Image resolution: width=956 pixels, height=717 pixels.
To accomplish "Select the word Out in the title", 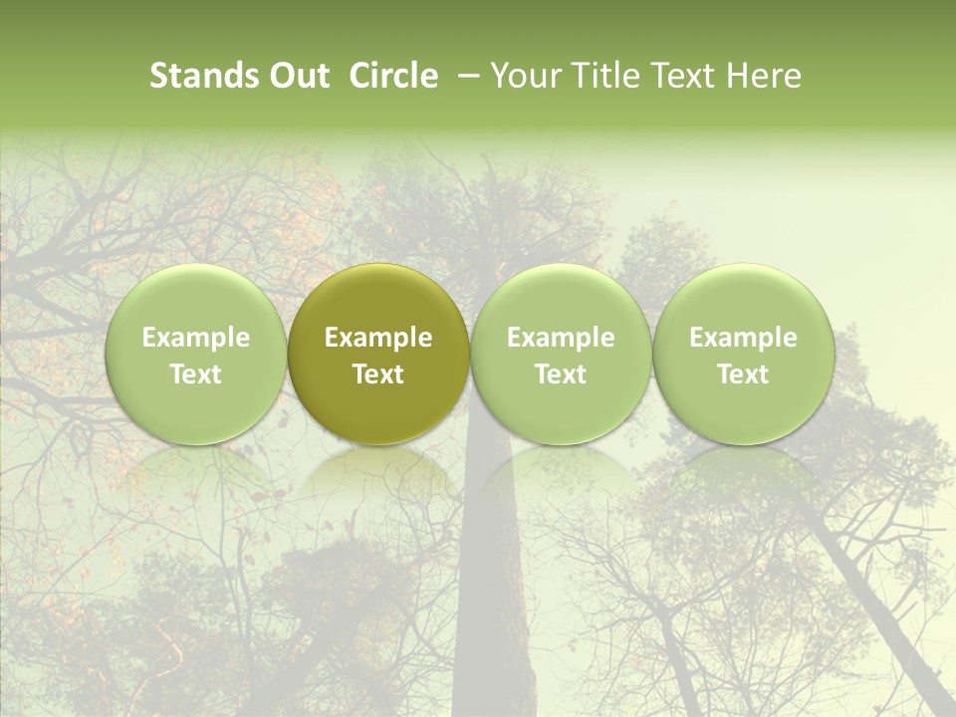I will (x=297, y=76).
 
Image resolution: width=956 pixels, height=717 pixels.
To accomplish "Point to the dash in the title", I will (x=465, y=76).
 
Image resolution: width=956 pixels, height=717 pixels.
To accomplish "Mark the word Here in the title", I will (x=762, y=76).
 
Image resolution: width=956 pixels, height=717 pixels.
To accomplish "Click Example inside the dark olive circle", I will (x=378, y=338).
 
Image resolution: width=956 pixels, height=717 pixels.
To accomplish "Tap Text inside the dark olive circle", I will (x=378, y=374).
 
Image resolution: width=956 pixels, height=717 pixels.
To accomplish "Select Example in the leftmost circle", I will (x=196, y=338).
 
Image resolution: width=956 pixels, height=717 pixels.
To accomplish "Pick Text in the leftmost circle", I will (x=196, y=374).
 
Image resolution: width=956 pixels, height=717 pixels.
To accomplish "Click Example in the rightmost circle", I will (x=743, y=338).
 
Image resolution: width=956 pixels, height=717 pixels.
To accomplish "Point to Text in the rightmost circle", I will (x=743, y=374).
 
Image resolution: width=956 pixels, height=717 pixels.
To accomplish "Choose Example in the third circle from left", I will (x=561, y=338).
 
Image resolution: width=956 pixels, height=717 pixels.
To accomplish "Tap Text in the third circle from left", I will (x=561, y=374).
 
